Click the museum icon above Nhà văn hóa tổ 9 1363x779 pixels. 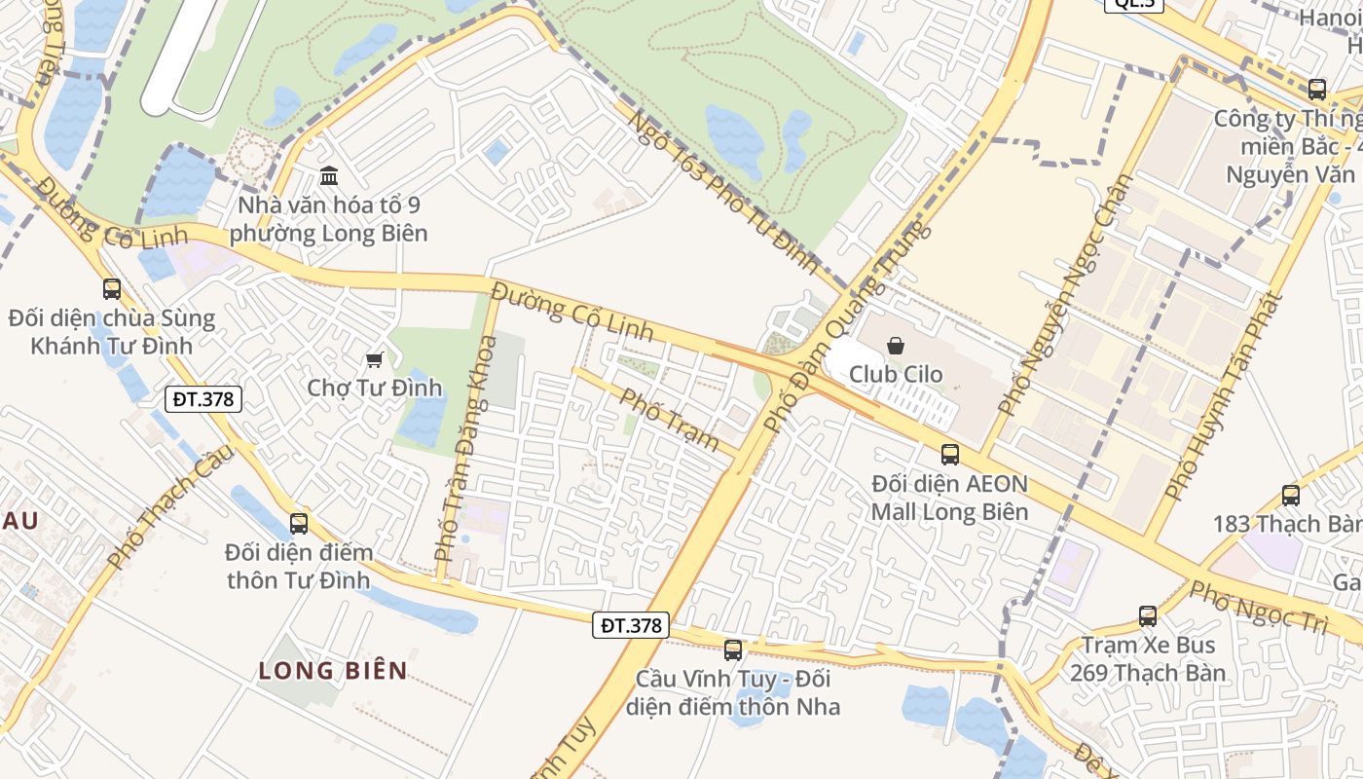[329, 176]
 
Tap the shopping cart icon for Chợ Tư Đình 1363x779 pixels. [374, 359]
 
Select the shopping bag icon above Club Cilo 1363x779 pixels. [896, 345]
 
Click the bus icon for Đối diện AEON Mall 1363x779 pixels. [949, 454]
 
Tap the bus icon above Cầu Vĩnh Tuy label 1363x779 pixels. [733, 649]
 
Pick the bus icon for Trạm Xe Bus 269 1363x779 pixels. [1148, 615]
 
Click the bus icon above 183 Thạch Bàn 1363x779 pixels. [1290, 495]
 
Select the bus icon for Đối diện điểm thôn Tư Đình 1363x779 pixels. [299, 523]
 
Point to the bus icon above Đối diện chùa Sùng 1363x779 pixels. [112, 288]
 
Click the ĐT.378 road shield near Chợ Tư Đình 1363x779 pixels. [203, 398]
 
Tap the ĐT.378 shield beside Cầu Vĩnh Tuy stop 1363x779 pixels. [631, 625]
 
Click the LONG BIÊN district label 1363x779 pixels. [333, 670]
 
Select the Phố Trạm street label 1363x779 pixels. [670, 420]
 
